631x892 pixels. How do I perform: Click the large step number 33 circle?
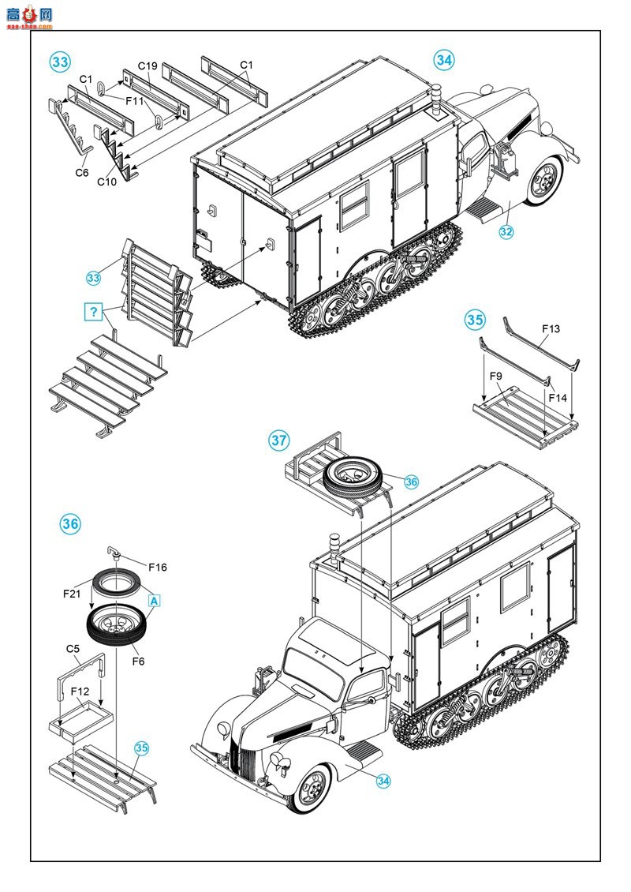[60, 62]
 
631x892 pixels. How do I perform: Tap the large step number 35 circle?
[474, 320]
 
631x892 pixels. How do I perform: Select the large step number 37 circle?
[278, 440]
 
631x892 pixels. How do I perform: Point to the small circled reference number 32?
[506, 232]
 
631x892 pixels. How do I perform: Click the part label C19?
[147, 66]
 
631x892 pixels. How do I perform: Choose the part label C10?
[106, 182]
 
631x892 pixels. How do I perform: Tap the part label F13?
[551, 328]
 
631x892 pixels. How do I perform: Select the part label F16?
[156, 567]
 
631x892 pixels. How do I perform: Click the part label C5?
[73, 649]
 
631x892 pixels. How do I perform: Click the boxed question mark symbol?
[94, 312]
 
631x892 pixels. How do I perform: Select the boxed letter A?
[154, 600]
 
